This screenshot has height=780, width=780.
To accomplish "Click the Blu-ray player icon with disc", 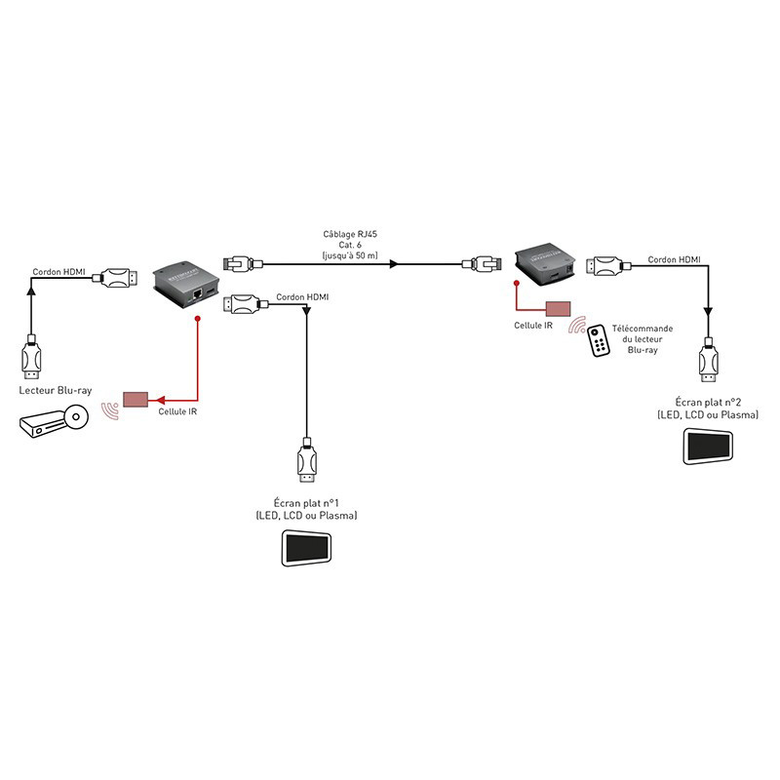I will (52, 421).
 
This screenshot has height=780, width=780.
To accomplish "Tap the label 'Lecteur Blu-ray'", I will (56, 390).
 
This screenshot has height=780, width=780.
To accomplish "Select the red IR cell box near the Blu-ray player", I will (135, 400).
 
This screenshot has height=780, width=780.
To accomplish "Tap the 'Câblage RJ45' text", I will (352, 235).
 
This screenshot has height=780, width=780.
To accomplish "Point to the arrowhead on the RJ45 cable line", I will (393, 263).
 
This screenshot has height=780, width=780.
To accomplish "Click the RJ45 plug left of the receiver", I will (483, 263).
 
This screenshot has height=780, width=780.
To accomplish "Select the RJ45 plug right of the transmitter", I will (239, 263).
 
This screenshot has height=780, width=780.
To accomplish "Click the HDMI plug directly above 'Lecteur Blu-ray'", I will (31, 360).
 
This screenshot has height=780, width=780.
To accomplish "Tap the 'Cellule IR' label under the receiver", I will (532, 326).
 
